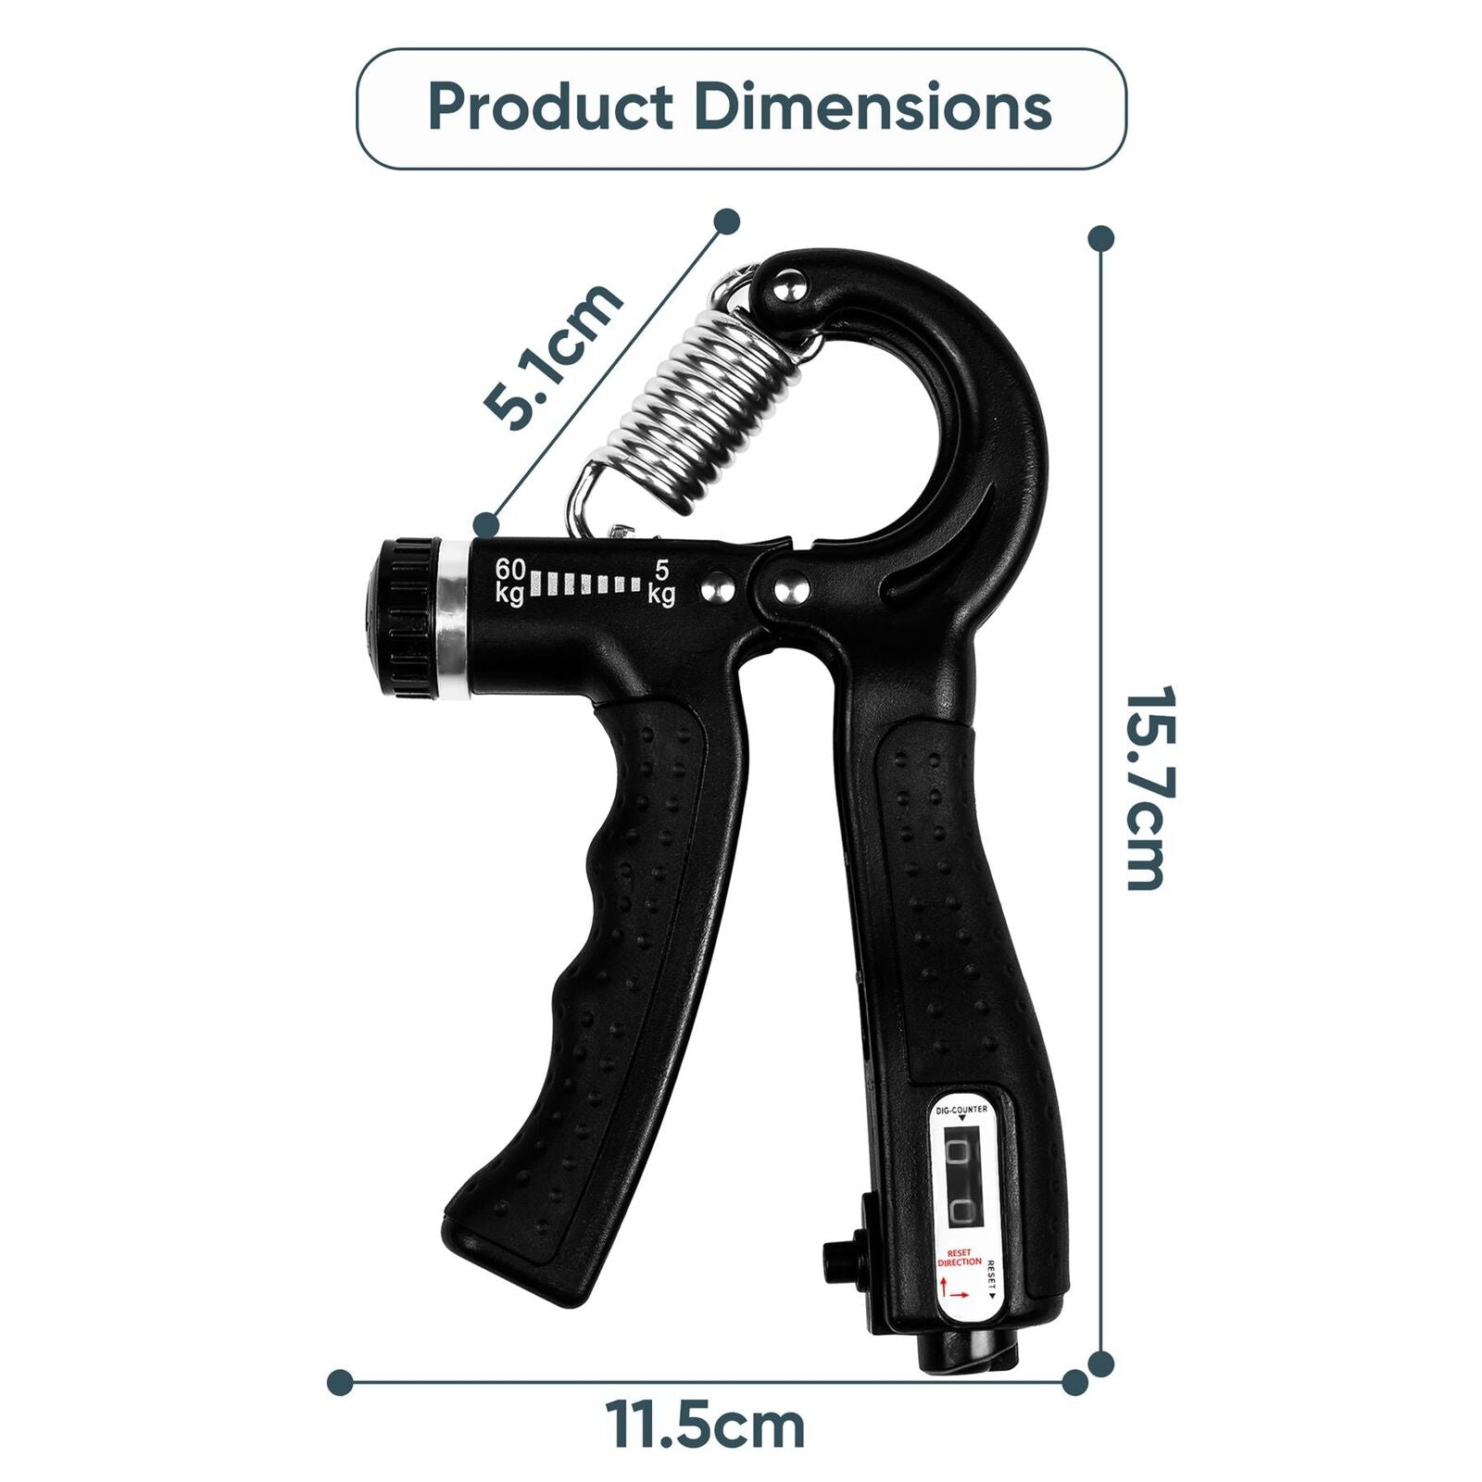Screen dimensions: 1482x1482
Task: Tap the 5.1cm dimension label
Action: [553, 356]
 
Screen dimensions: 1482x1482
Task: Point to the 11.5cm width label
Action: [706, 1426]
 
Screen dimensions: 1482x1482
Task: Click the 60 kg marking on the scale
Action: [510, 581]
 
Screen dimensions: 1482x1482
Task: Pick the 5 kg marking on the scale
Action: [661, 583]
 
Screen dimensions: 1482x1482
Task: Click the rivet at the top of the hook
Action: [788, 287]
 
